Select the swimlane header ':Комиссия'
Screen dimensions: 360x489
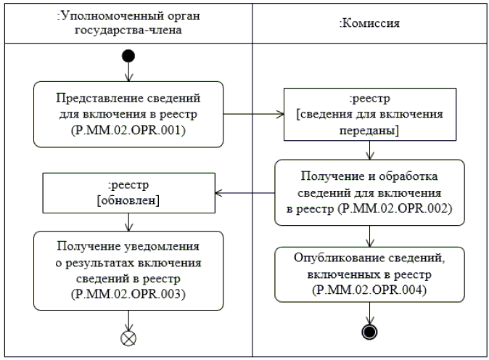click(370, 22)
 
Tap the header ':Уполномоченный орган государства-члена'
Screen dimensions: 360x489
click(128, 22)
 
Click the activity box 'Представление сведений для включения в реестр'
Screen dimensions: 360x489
click(129, 112)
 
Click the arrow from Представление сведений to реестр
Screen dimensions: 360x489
click(253, 113)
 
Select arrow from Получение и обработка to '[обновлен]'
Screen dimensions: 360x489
click(246, 192)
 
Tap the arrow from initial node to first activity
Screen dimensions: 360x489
click(129, 72)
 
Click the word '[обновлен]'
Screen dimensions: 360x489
click(129, 199)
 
